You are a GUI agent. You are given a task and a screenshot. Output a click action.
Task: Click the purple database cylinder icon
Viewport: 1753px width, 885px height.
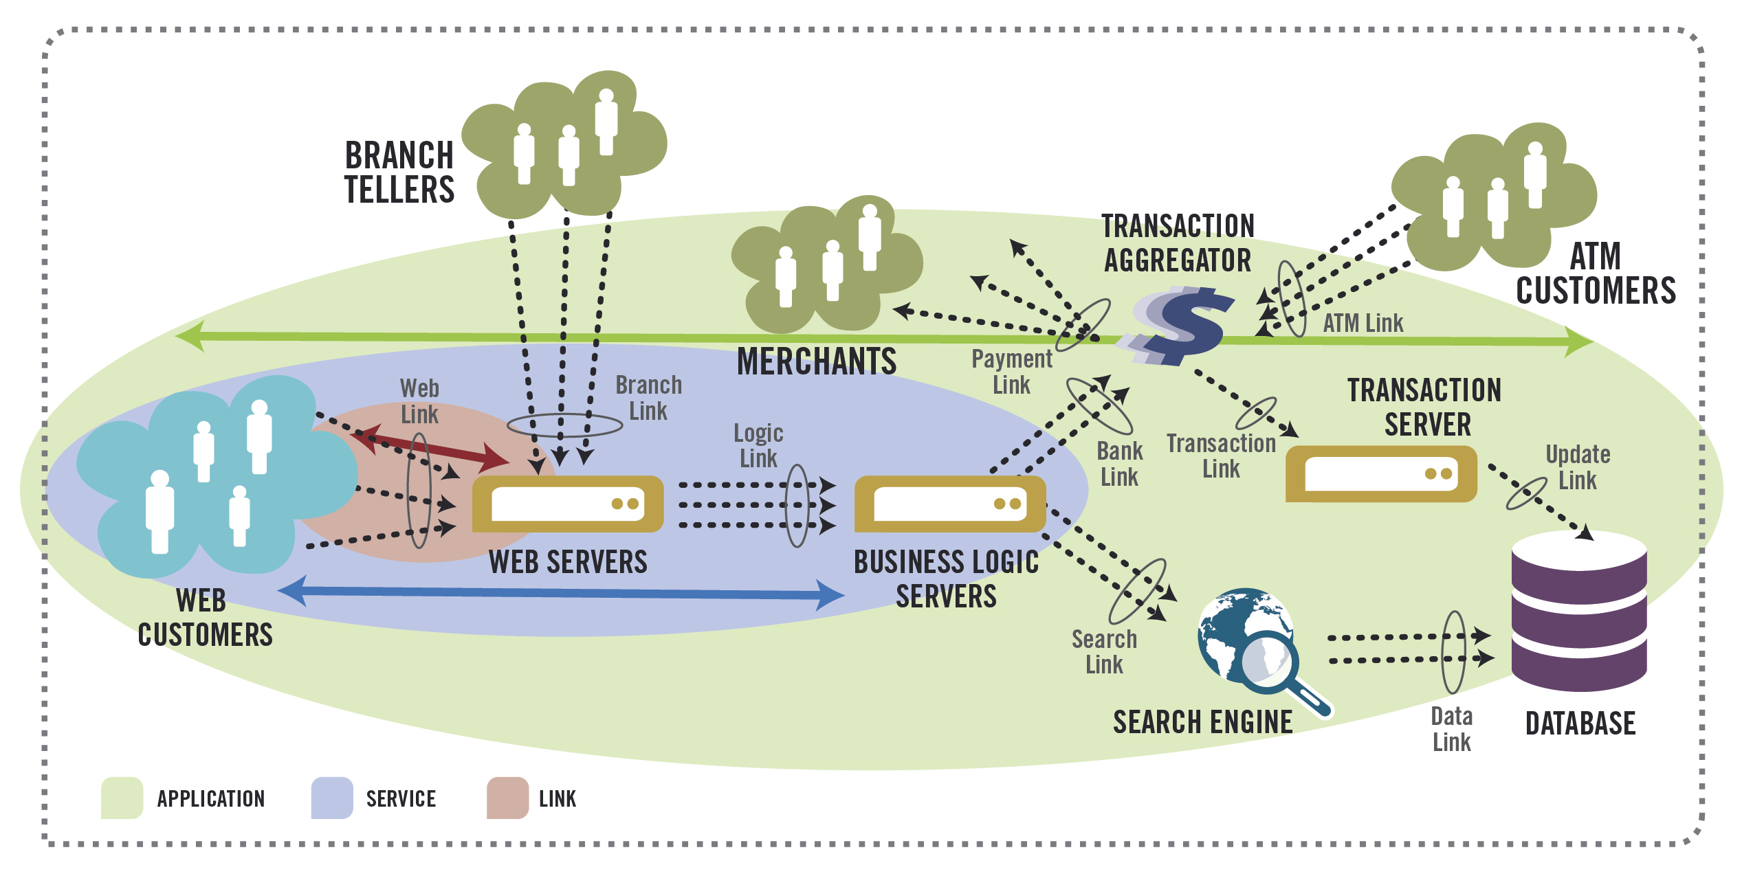point(1579,612)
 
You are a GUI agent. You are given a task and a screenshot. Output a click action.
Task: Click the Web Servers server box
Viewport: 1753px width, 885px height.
point(568,504)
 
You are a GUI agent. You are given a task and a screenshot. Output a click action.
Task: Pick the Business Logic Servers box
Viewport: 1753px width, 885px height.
point(949,504)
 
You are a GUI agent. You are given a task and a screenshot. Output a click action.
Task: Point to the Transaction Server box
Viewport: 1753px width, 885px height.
point(1380,473)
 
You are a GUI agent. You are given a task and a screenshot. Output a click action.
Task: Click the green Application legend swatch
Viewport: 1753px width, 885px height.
point(122,798)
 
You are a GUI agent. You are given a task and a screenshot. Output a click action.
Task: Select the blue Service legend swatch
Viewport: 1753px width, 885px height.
point(331,798)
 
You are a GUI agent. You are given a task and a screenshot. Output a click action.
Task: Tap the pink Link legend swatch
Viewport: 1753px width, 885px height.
point(507,798)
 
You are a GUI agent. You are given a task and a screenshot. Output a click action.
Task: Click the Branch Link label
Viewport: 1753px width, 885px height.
point(648,398)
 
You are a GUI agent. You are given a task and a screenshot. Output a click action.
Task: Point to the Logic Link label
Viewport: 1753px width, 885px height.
point(758,445)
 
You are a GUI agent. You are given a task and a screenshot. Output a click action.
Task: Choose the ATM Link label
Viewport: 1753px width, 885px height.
point(1363,323)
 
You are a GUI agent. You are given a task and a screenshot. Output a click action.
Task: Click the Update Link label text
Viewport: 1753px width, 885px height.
point(1577,467)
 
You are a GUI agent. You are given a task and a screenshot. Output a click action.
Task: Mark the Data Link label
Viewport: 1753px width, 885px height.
point(1451,729)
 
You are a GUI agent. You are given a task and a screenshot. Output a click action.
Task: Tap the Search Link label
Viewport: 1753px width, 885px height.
point(1104,651)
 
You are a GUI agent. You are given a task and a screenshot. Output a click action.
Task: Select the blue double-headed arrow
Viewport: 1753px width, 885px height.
point(560,593)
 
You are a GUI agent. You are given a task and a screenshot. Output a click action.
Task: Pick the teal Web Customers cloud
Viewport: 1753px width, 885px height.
point(213,474)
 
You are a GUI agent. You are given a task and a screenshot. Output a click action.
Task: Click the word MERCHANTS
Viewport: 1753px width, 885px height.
point(816,361)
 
